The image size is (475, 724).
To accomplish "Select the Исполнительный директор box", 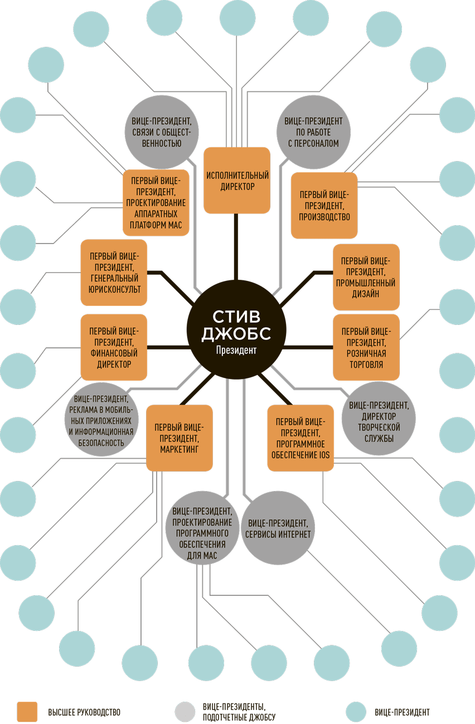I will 237,181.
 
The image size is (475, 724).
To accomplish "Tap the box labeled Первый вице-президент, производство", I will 324,205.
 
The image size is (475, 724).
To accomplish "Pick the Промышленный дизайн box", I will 366,276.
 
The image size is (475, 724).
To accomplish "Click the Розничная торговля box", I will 366,347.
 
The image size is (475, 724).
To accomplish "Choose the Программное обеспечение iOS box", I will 300,437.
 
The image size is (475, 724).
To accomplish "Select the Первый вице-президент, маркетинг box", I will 179,438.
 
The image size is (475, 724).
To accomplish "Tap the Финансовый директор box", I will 114,347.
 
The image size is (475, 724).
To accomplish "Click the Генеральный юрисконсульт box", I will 114,273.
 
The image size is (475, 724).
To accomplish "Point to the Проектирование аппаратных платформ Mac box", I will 156,202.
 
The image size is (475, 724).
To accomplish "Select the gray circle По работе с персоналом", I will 313,132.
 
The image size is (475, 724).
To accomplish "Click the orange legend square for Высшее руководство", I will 27,712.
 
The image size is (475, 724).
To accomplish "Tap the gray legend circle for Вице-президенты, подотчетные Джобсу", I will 185,712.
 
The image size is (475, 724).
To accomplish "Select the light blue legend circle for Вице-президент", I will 356,712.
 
